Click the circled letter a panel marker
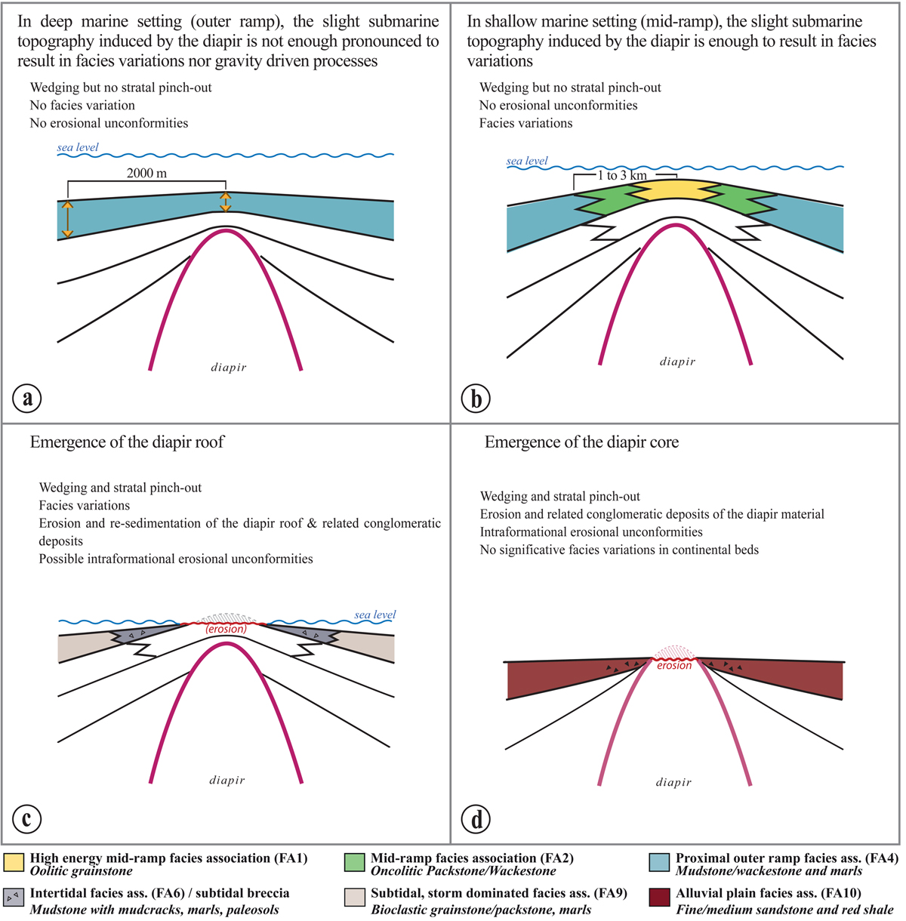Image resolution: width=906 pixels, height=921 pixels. click(x=28, y=398)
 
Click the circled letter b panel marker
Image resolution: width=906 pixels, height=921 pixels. click(x=476, y=398)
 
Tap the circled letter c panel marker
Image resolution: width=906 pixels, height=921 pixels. click(x=28, y=818)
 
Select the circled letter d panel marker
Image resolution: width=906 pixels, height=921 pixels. click(x=476, y=818)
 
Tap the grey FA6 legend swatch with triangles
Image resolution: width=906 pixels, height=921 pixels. click(x=14, y=898)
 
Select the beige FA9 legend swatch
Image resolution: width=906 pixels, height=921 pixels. click(x=355, y=898)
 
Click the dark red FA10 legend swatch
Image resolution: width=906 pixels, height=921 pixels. click(x=660, y=898)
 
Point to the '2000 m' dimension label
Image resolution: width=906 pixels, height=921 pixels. click(x=146, y=173)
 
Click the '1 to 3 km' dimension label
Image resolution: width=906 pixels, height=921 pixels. click(x=622, y=175)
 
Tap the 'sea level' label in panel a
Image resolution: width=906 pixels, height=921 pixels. click(x=78, y=147)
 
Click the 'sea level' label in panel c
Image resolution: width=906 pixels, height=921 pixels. click(x=375, y=615)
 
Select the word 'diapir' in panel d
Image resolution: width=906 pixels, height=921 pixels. click(x=673, y=782)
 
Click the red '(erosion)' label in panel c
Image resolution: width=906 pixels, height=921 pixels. click(x=226, y=629)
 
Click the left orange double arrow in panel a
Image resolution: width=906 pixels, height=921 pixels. click(x=67, y=219)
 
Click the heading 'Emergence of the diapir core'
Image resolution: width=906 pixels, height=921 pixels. click(x=581, y=442)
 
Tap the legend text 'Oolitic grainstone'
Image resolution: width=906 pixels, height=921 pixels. click(x=82, y=871)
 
